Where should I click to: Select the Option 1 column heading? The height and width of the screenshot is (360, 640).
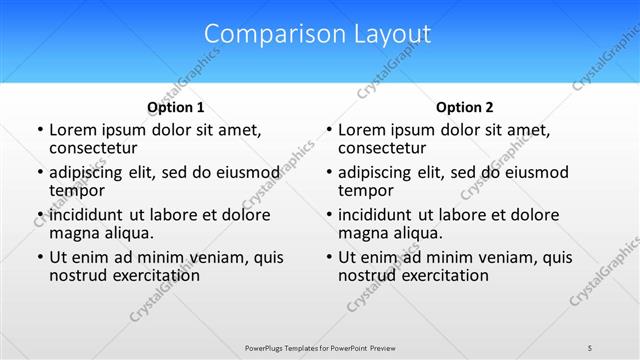pyautogui.click(x=176, y=107)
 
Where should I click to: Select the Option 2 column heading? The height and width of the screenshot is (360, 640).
pyautogui.click(x=465, y=107)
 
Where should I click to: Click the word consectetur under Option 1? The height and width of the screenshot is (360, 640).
pyautogui.click(x=96, y=148)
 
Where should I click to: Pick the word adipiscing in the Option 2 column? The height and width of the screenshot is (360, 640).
pyautogui.click(x=378, y=172)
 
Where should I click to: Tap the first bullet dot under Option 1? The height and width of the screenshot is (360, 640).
pyautogui.click(x=39, y=130)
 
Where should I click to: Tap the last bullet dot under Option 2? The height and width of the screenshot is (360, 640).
pyautogui.click(x=328, y=257)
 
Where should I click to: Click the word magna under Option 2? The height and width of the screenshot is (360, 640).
pyautogui.click(x=362, y=233)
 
